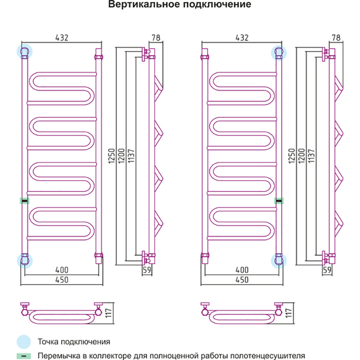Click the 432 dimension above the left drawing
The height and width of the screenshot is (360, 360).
[62, 38]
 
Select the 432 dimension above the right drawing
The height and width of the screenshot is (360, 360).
[242, 38]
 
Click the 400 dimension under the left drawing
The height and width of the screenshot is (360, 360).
[62, 270]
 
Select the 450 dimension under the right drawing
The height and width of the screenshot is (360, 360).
[242, 279]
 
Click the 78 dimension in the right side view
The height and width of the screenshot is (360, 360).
[335, 38]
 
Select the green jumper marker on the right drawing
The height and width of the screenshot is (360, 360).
[279, 201]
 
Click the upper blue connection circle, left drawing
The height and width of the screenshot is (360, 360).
[25, 51]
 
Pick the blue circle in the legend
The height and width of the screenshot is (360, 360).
[24, 341]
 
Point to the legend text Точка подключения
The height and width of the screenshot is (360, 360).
[74, 342]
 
